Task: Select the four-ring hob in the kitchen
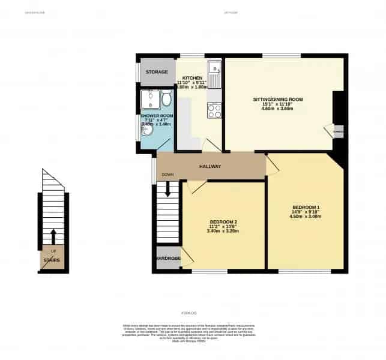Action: (x=214, y=110)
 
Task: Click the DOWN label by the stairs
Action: (x=167, y=175)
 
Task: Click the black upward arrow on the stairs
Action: (x=53, y=235)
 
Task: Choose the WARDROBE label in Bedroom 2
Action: (x=167, y=259)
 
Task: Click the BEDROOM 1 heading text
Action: (x=306, y=208)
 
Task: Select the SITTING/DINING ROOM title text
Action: (x=278, y=99)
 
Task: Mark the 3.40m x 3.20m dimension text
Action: (x=223, y=232)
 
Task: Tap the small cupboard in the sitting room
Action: (x=338, y=131)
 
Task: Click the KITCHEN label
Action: (x=193, y=78)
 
